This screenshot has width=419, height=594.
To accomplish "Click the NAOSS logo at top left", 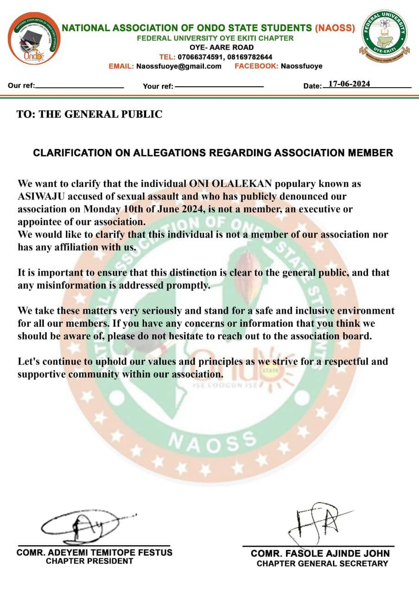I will point(34,38).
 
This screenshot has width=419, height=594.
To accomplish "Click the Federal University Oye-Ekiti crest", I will point(384,36).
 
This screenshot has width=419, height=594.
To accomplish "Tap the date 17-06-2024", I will point(349,84).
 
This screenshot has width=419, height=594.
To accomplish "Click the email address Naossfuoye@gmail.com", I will point(178,66).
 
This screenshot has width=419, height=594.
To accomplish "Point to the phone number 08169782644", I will point(250,57).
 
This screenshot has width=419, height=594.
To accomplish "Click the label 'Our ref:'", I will point(21,85).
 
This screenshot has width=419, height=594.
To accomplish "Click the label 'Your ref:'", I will point(158,86).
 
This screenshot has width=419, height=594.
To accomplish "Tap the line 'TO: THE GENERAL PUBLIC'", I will point(89,115).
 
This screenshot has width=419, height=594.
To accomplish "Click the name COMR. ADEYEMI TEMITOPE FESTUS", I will point(95,553).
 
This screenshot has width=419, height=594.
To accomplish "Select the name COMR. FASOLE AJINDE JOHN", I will point(320,554).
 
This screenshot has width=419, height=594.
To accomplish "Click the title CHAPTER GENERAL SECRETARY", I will point(322,563).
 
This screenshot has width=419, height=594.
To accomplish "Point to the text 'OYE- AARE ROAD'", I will point(222,47).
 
